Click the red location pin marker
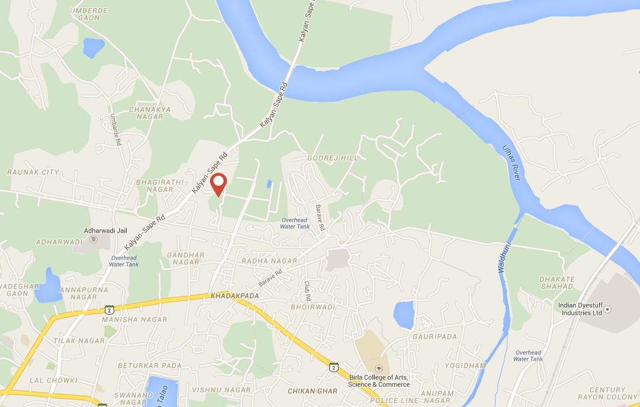pos(219,183)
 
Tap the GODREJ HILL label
pos(333,159)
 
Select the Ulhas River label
pos(510,162)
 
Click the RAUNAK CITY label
pos(33,172)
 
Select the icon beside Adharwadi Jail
pos(93,239)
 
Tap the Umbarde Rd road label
pos(116,130)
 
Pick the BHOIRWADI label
pos(313,308)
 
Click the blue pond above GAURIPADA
pos(404,315)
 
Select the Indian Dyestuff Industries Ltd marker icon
pos(607,309)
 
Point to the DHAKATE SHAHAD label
pos(557,283)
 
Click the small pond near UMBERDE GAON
pos(93,47)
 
